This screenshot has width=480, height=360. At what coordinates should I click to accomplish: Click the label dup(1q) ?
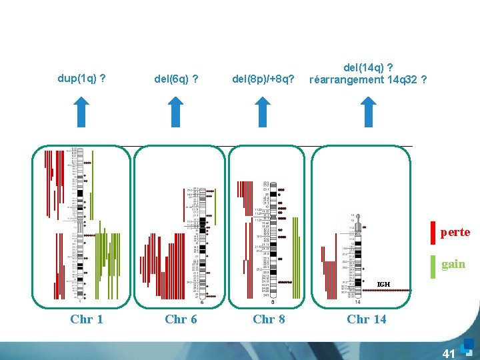click(x=83, y=79)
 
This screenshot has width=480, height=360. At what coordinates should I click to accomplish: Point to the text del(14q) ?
click(x=368, y=67)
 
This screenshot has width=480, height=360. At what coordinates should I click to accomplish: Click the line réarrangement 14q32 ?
click(x=368, y=80)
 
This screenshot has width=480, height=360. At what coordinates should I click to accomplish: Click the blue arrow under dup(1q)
click(x=80, y=111)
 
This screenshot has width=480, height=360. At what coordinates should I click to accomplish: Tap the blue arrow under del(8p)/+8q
click(x=263, y=111)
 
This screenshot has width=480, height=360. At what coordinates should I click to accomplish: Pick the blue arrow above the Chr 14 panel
click(x=369, y=111)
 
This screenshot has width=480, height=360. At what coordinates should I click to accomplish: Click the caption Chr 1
click(x=87, y=319)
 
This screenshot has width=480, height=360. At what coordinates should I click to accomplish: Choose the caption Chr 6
click(x=181, y=319)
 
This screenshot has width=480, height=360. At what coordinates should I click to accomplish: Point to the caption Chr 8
click(x=269, y=319)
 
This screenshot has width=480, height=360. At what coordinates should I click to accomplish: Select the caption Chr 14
click(x=366, y=319)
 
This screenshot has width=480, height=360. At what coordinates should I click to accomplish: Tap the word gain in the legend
click(x=453, y=264)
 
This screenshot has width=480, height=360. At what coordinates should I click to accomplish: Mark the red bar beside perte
click(x=433, y=233)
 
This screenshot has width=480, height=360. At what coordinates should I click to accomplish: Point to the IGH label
click(x=383, y=285)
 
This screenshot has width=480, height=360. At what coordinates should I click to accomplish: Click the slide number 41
click(x=449, y=352)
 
